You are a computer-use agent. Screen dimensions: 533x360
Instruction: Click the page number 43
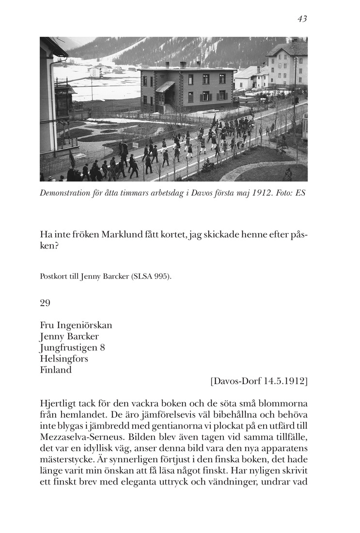coord(302,19)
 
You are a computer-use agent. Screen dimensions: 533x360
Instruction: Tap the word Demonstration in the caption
coord(68,193)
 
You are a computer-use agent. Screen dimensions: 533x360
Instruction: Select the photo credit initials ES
coord(301,193)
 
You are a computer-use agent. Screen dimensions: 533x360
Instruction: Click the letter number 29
coord(45,303)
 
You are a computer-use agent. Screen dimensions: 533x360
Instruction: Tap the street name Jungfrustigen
coord(69,347)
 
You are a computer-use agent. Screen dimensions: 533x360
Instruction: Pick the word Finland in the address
coord(56,370)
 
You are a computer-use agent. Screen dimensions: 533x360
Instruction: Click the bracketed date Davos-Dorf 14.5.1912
coord(259,381)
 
